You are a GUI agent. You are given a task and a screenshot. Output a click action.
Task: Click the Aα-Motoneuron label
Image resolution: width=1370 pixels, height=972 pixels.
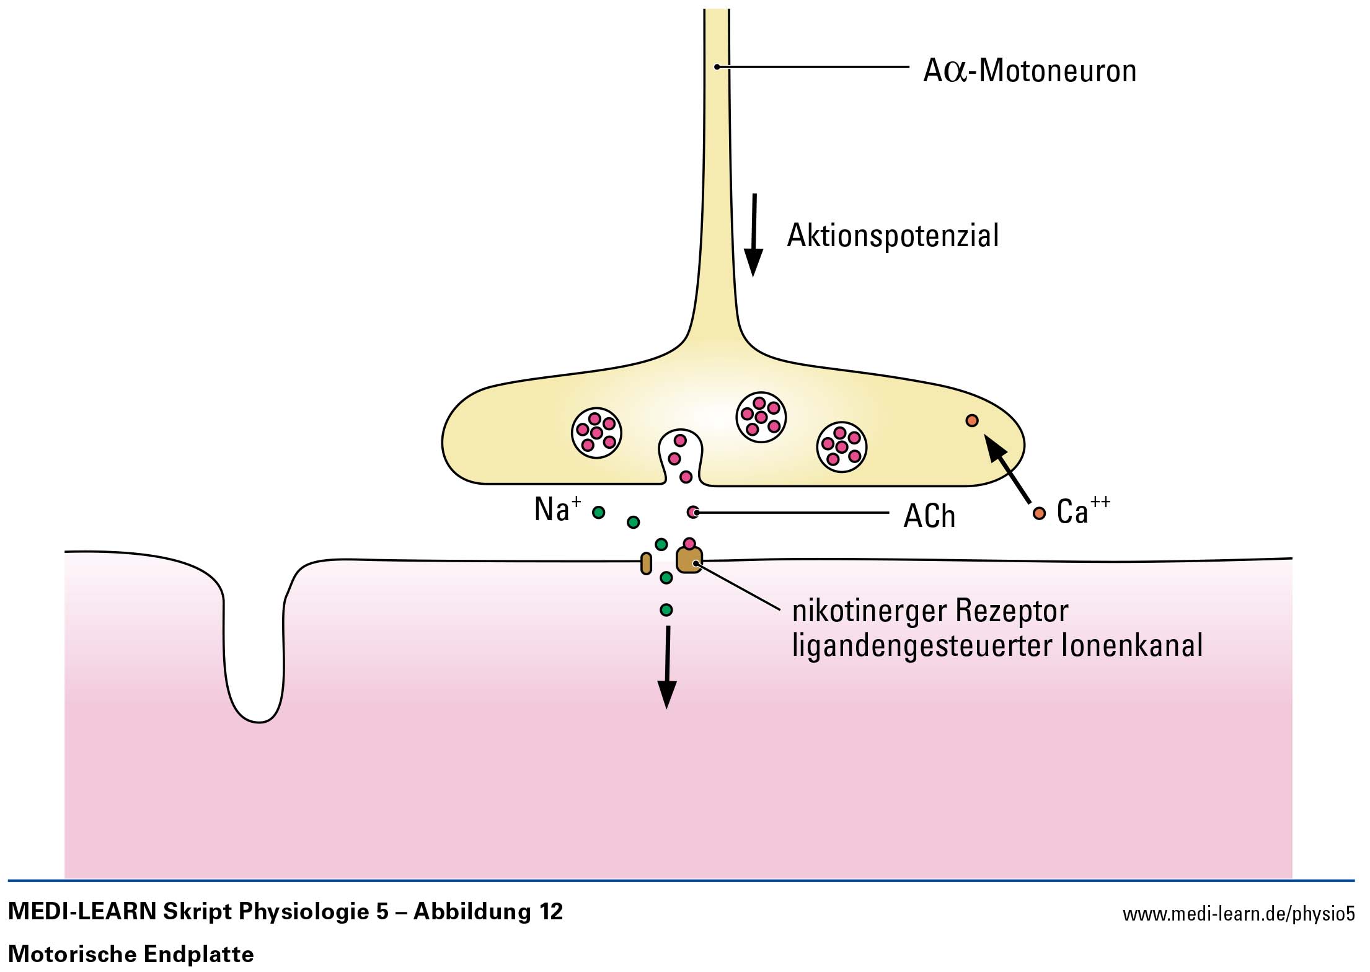click(1029, 71)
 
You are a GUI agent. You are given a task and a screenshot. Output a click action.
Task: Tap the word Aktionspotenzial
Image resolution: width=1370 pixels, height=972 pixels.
click(893, 236)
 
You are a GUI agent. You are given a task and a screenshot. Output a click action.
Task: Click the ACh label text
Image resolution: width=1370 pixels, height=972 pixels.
click(929, 516)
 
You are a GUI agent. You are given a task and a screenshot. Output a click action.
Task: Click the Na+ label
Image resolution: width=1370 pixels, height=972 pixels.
click(557, 509)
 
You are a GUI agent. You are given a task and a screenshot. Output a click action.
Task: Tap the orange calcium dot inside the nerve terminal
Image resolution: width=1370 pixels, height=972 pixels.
click(972, 421)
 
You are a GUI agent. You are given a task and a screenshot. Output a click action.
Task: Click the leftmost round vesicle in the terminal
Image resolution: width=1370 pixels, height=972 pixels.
click(596, 433)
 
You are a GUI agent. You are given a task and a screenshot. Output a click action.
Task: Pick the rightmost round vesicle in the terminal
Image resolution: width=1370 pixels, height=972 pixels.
click(842, 446)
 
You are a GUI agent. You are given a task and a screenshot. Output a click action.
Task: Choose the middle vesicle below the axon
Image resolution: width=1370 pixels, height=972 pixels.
click(761, 417)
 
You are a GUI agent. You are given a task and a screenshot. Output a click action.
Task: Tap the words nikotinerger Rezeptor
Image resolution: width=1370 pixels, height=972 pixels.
click(930, 611)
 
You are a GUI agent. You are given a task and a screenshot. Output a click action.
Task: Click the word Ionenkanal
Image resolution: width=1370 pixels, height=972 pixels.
click(1132, 645)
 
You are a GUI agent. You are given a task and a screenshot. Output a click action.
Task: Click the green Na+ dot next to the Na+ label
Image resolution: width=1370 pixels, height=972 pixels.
click(599, 513)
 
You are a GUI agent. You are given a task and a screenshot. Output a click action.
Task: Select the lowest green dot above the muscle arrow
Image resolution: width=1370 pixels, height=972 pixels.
click(666, 610)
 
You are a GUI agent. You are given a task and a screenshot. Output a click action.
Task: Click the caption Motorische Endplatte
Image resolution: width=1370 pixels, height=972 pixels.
click(131, 953)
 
